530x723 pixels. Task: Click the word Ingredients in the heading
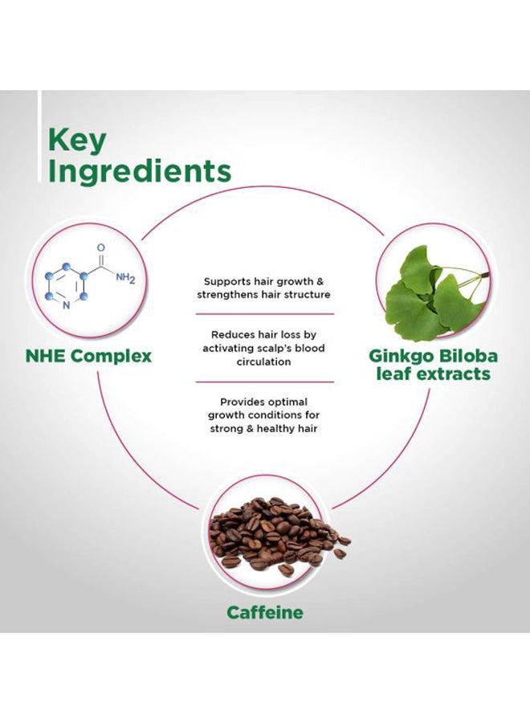pos(139,172)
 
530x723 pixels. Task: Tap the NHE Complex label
pos(88,356)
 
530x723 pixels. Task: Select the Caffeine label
pos(265,613)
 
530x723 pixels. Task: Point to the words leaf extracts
pos(433,374)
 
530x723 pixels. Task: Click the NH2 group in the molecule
pos(125,278)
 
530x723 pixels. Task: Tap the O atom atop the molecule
pos(101,248)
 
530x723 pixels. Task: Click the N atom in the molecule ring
pos(66,305)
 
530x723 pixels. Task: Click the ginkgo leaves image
pos(435,293)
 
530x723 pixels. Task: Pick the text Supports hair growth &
pos(263,281)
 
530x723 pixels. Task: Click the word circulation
pos(263,362)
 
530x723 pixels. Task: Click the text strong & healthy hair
pos(263,429)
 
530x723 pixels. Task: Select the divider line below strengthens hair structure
pos(264,314)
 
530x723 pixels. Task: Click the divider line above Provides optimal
pos(264,382)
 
